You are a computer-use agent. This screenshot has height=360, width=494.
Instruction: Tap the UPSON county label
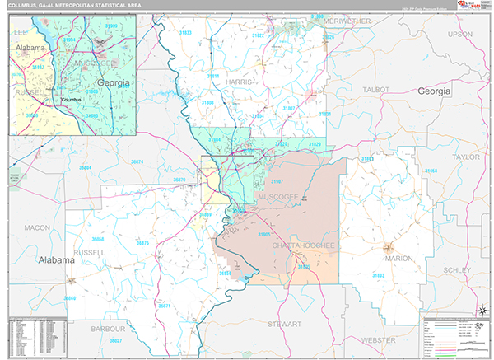(460, 35)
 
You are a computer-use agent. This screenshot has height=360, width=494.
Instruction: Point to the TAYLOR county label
(465, 156)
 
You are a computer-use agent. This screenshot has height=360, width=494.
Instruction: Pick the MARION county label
(398, 259)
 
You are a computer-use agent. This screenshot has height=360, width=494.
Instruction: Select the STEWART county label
(284, 325)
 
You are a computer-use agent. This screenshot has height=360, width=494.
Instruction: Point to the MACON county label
(37, 227)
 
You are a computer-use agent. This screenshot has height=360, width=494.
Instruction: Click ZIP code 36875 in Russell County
(142, 244)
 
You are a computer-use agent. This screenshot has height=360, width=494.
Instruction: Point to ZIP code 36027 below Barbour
(115, 340)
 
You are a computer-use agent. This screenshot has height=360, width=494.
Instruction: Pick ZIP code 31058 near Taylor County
(431, 171)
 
